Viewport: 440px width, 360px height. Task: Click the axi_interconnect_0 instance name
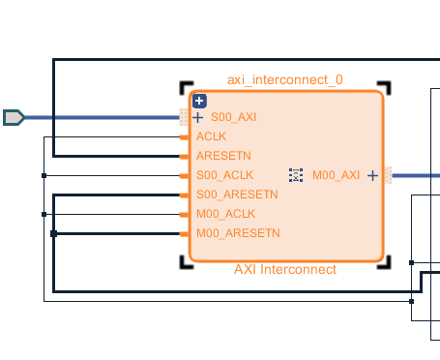284,79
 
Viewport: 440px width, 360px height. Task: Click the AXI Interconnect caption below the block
285,269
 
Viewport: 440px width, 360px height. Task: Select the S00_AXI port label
233,117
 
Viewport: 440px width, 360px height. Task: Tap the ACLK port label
211,136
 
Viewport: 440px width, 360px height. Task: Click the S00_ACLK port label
224,175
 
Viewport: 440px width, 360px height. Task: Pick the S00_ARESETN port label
237,195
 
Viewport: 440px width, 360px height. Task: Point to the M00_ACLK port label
225,214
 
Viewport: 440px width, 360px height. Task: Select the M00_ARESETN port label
238,233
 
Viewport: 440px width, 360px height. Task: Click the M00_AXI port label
336,175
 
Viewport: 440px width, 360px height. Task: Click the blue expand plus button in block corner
199,101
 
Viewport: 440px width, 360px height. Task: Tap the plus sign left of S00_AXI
198,117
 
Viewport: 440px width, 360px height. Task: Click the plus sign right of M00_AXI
372,175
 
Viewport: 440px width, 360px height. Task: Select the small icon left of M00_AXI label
297,175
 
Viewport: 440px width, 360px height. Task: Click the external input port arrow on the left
14,117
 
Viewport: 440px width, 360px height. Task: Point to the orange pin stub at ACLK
186,136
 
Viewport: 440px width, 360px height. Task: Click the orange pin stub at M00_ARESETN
186,233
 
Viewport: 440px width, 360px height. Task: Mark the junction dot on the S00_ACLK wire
44,175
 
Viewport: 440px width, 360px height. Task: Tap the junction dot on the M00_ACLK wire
44,214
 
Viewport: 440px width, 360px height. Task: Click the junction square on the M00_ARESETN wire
53,233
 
